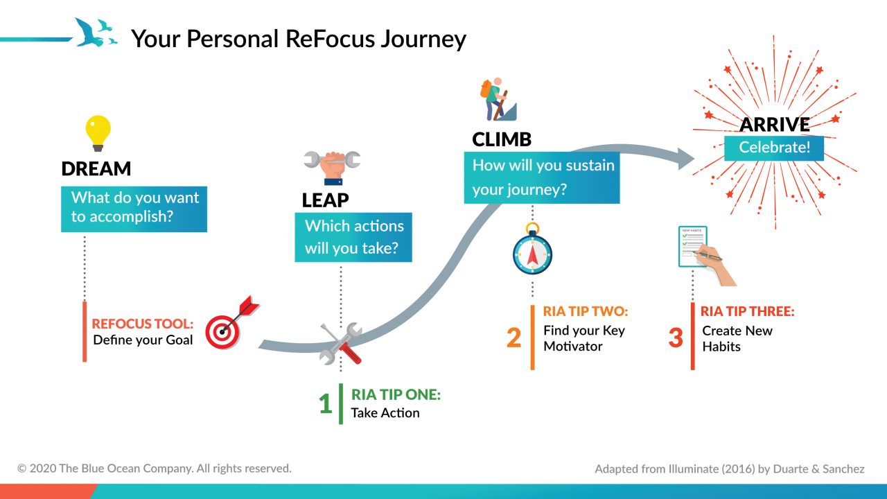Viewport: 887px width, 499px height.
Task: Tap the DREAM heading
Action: [x=96, y=169]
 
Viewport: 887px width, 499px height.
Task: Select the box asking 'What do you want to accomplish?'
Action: [x=134, y=207]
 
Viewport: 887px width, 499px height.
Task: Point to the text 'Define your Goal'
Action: [x=143, y=340]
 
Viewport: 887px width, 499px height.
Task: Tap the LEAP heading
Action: [x=325, y=200]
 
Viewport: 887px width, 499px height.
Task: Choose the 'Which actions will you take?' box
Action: [x=353, y=237]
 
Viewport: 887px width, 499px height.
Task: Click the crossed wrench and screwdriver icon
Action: [x=341, y=343]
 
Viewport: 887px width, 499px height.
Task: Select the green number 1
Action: [x=325, y=404]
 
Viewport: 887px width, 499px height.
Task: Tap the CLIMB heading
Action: [x=502, y=139]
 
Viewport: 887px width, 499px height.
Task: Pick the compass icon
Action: [x=532, y=252]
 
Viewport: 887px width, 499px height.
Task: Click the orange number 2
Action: [x=513, y=338]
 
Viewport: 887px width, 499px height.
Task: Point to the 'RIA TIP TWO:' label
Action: [x=586, y=312]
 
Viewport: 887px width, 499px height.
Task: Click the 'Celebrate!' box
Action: [x=774, y=147]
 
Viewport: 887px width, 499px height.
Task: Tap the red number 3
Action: [x=676, y=338]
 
